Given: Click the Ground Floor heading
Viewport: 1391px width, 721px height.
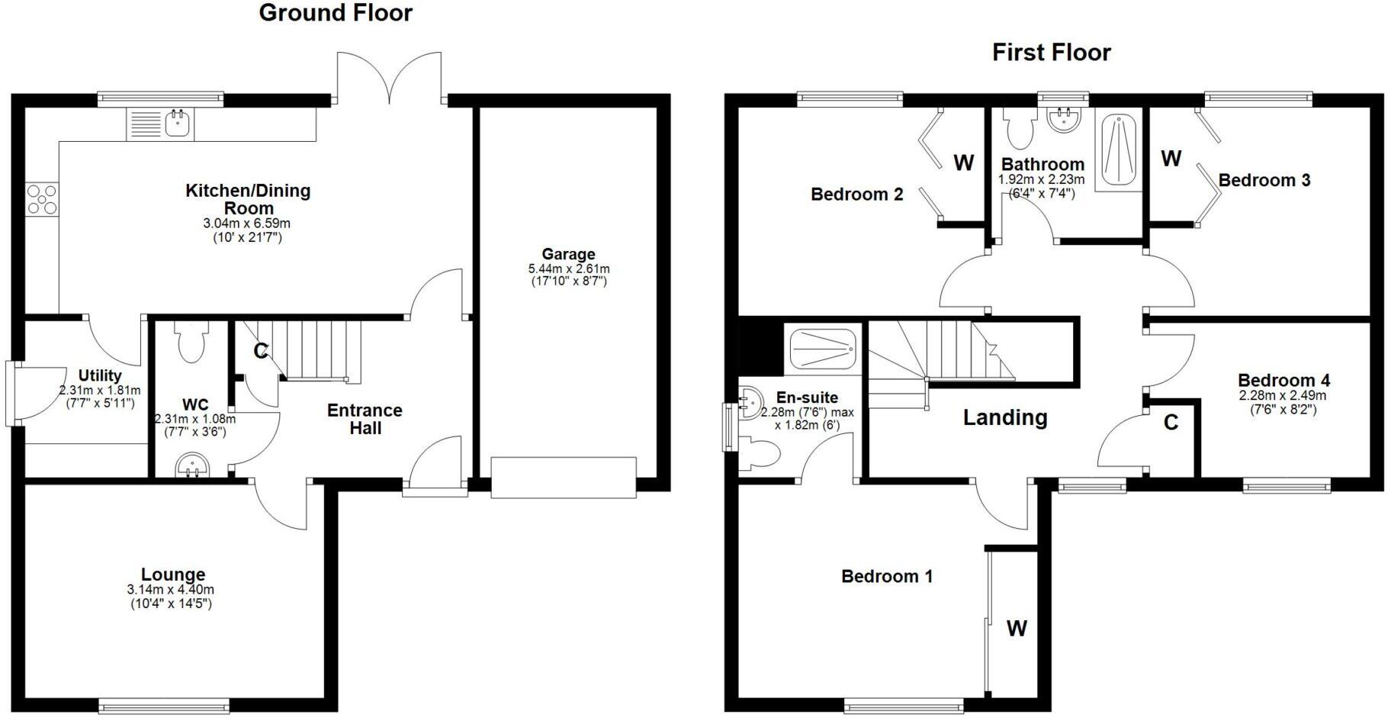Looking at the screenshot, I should pos(336,13).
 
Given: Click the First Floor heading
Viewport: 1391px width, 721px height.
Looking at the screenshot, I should pos(1051,53).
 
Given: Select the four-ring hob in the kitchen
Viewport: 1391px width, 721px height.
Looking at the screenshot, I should pos(41,200).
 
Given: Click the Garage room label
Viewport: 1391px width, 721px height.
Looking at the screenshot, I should pos(568,254).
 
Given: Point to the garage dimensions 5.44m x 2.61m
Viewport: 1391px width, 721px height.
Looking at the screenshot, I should pos(568,269).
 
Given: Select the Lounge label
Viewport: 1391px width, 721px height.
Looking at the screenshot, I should pos(173,575).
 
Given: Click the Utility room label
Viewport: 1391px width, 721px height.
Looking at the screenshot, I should pos(100,375).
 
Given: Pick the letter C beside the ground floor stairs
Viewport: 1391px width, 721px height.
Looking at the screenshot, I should pos(260,351).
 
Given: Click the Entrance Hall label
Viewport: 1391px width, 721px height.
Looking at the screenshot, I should pos(365,419).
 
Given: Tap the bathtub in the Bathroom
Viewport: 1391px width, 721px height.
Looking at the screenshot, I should pos(1118,151).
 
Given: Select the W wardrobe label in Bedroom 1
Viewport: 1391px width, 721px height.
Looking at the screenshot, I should pos(1017,629).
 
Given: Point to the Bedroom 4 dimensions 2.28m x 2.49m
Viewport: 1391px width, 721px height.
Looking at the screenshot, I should pos(1283,395).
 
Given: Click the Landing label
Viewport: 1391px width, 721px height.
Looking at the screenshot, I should pos(1004,417).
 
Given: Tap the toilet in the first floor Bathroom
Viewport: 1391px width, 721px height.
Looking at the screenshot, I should pos(1019,130).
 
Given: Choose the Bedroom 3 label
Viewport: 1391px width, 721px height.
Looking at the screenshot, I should pos(1264,181).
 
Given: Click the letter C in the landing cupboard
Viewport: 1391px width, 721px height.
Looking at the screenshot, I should pos(1171,422).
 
